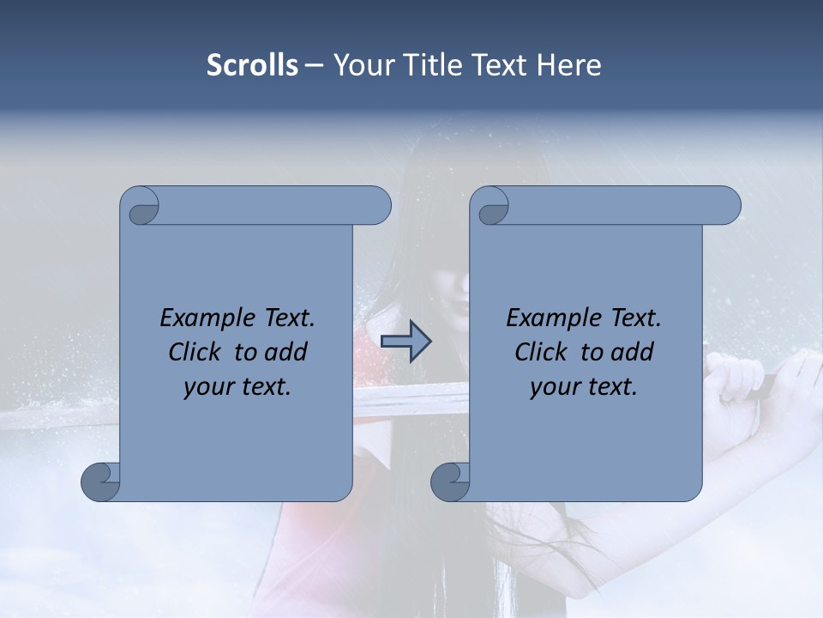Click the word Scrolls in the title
252,65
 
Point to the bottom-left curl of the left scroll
101,482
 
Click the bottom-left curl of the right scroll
451,482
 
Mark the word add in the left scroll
286,352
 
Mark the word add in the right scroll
633,352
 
